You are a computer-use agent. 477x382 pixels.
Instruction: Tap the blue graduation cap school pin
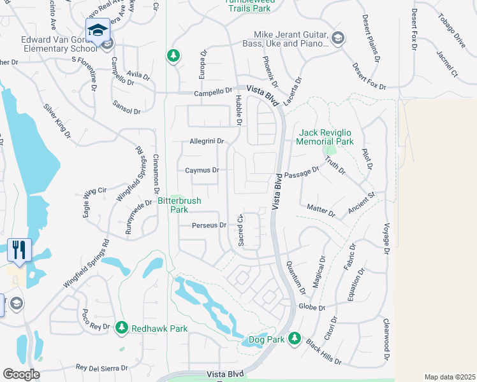pyautogui.click(x=98, y=31)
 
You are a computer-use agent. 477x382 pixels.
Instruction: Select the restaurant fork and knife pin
pyautogui.click(x=19, y=250)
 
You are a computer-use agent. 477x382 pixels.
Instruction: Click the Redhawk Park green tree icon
pyautogui.click(x=121, y=328)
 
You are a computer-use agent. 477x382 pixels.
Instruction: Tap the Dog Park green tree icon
pyautogui.click(x=294, y=338)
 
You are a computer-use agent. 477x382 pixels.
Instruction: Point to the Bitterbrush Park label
pyautogui.click(x=179, y=205)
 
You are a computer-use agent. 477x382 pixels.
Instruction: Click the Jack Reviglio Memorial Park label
pyautogui.click(x=327, y=138)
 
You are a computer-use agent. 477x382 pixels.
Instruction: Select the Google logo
pyautogui.click(x=21, y=374)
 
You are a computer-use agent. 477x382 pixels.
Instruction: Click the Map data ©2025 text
pyautogui.click(x=449, y=377)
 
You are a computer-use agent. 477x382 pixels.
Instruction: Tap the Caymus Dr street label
pyautogui.click(x=202, y=171)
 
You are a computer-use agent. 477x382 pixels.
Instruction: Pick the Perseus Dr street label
pyautogui.click(x=209, y=225)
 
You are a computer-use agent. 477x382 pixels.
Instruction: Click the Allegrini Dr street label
pyautogui.click(x=207, y=141)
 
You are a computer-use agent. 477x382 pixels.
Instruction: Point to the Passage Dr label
pyautogui.click(x=302, y=173)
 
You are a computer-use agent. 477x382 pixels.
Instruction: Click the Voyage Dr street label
pyautogui.click(x=386, y=238)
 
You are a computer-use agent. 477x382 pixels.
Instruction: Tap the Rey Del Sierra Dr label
pyautogui.click(x=102, y=367)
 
